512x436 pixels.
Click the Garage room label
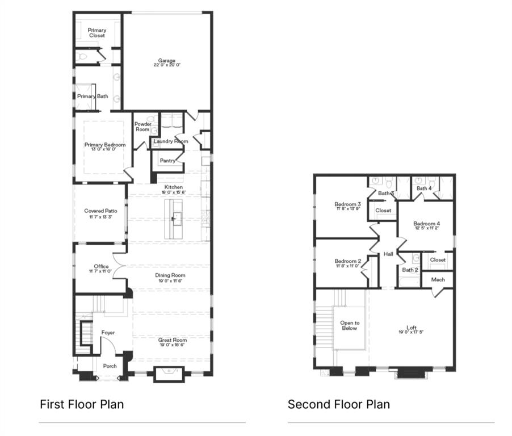coord(166,61)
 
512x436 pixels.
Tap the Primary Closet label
coord(96,33)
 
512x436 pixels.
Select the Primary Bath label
coord(93,97)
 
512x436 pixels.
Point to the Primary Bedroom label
coord(105,145)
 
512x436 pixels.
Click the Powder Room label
coord(142,127)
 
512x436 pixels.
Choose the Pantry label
coord(167,161)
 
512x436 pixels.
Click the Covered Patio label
coord(100,211)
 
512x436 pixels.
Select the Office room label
coord(101,266)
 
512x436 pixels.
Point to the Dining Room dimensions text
coord(170,281)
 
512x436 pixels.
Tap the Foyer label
coord(108,333)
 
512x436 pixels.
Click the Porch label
coord(110,366)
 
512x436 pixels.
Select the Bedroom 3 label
coord(347,204)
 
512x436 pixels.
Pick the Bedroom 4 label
coord(426,223)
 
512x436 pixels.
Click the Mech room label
coord(438,280)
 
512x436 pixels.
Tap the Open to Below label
coord(350,325)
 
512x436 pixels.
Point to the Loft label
coord(412,328)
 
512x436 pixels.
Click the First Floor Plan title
coord(82,404)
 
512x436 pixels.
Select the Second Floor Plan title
coord(338,404)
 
